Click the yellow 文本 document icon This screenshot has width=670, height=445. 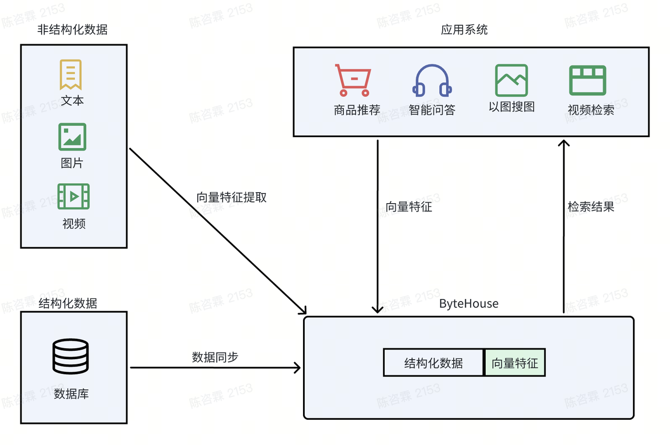pyautogui.click(x=71, y=74)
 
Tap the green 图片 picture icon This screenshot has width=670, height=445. pyautogui.click(x=72, y=137)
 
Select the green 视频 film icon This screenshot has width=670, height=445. pyautogui.click(x=73, y=197)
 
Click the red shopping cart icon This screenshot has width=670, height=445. pyautogui.click(x=353, y=80)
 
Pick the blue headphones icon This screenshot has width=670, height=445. pyautogui.click(x=432, y=81)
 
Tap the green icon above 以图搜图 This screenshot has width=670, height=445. pyautogui.click(x=511, y=80)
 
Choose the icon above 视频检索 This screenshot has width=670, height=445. pyautogui.click(x=587, y=80)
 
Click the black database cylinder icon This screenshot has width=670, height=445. pyautogui.click(x=71, y=357)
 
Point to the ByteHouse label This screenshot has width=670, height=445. pyautogui.click(x=468, y=304)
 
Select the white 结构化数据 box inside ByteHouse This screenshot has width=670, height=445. pyautogui.click(x=433, y=363)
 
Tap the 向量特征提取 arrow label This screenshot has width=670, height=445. pyautogui.click(x=231, y=197)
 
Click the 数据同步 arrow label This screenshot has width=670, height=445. pyautogui.click(x=215, y=357)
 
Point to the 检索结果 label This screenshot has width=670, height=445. pyautogui.click(x=591, y=207)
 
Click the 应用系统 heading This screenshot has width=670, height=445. pyautogui.click(x=464, y=30)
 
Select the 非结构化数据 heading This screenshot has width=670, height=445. pyautogui.click(x=72, y=30)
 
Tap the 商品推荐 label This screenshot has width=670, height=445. pyautogui.click(x=357, y=110)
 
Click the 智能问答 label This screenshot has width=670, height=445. pyautogui.click(x=432, y=110)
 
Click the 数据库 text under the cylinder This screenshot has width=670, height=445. pyautogui.click(x=71, y=394)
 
